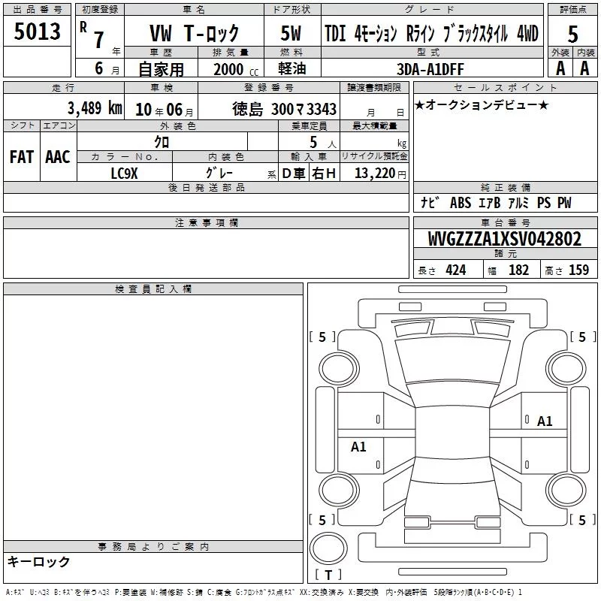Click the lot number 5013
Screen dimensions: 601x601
(37, 31)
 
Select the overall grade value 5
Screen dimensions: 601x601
(572, 35)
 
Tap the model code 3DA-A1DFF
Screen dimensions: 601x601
(430, 69)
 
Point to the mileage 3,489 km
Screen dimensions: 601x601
(95, 108)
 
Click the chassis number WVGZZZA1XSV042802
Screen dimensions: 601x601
(504, 239)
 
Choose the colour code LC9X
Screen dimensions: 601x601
(124, 174)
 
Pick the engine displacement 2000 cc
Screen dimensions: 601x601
(236, 69)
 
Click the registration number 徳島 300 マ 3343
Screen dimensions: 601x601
(284, 109)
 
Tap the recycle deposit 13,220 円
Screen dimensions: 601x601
(380, 174)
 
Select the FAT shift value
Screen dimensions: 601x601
(22, 157)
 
